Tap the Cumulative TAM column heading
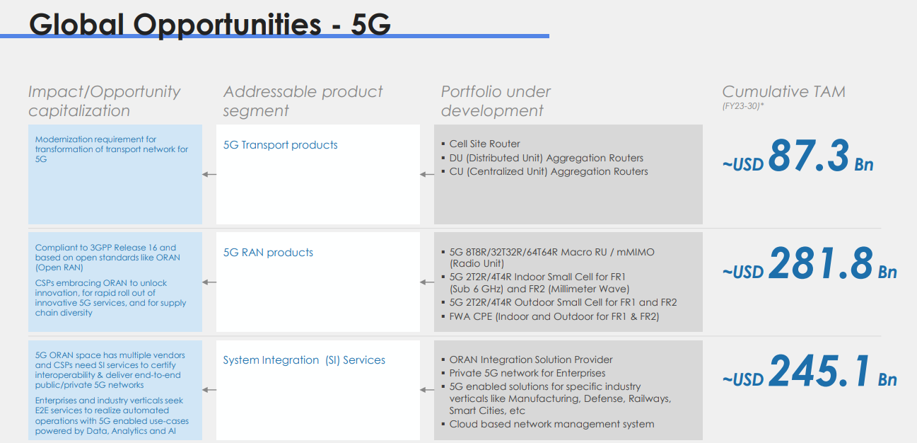pos(783,91)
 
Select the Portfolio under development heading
pos(495,101)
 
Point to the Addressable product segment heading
pos(303,101)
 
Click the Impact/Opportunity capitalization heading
pos(104,101)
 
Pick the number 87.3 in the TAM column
pos(808,155)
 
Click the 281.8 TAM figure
pos(820,263)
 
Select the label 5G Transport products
pos(280,145)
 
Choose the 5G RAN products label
pos(268,253)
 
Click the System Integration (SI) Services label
pos(304,360)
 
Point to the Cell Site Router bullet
pos(484,144)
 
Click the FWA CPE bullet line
pos(554,316)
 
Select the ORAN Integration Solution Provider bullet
pos(530,359)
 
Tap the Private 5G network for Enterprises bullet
pos(527,373)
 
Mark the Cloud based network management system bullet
pos(551,424)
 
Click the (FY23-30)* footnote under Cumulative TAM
pos(743,106)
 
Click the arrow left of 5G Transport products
pos(209,174)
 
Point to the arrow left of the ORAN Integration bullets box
pos(426,390)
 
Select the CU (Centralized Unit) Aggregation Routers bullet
pos(548,171)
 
